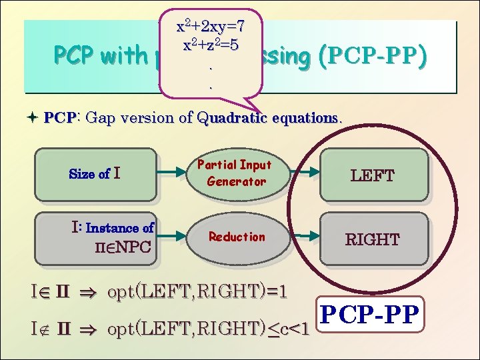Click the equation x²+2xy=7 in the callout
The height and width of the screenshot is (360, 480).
pos(210,27)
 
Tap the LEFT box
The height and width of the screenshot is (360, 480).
pos(373,175)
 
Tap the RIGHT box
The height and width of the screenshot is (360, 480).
pos(373,239)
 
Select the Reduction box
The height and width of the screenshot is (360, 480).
pos(236,237)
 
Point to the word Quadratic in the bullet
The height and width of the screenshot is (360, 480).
pos(233,119)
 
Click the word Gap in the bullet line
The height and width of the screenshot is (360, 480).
pos(100,119)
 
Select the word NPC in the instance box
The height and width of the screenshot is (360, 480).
pos(131,248)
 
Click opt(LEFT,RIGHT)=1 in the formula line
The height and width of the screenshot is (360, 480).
pos(197,291)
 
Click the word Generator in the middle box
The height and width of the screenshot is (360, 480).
pos(236,181)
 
